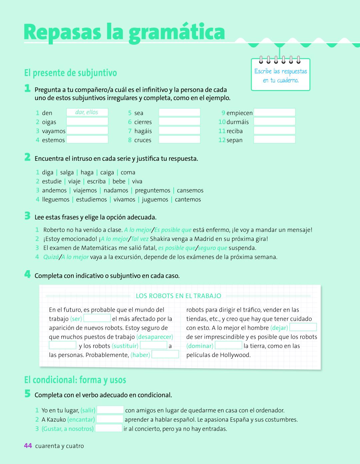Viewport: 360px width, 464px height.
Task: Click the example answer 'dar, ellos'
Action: click(x=87, y=112)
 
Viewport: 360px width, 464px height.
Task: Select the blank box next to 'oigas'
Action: click(x=87, y=121)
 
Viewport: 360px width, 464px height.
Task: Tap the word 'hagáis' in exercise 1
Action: click(x=143, y=131)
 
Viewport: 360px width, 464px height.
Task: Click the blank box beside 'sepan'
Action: click(x=274, y=140)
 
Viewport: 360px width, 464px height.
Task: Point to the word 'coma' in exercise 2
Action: click(x=128, y=172)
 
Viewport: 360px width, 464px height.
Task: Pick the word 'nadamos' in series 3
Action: click(x=116, y=190)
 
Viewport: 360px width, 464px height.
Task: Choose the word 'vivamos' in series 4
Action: click(x=124, y=199)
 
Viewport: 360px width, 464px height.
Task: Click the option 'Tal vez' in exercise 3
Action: click(x=140, y=239)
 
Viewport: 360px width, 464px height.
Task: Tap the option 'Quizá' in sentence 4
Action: click(x=51, y=257)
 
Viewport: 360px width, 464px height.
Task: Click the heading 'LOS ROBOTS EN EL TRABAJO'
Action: click(x=178, y=296)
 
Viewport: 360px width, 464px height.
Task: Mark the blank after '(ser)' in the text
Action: click(x=97, y=318)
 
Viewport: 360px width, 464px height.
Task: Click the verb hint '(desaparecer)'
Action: click(x=155, y=337)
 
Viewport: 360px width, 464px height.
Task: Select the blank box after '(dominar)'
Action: click(x=229, y=346)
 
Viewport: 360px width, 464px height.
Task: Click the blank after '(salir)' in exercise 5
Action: click(x=110, y=410)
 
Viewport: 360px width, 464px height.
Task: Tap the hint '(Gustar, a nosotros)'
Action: click(x=68, y=429)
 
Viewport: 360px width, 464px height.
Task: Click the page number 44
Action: click(x=28, y=446)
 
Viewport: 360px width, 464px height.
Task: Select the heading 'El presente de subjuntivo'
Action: click(x=70, y=72)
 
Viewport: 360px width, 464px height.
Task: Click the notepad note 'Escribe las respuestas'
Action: click(x=281, y=71)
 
